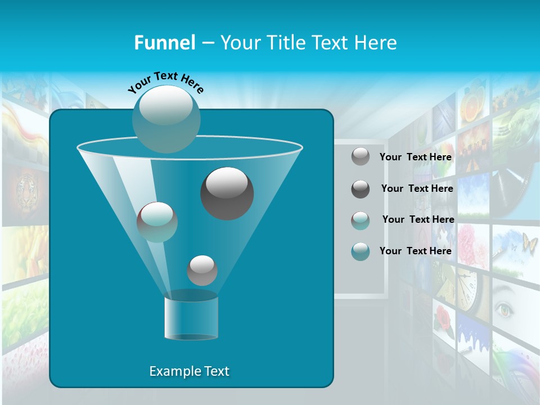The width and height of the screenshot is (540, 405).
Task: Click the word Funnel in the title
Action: (x=164, y=43)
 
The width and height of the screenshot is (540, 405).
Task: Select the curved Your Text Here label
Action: (x=165, y=83)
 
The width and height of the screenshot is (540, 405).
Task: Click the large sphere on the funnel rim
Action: (x=166, y=119)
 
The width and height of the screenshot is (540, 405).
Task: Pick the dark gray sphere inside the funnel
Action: (x=227, y=193)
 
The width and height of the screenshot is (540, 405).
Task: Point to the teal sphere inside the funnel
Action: (x=157, y=222)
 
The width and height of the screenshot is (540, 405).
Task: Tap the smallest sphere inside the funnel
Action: (x=202, y=270)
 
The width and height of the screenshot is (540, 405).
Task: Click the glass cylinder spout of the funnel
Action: (x=191, y=318)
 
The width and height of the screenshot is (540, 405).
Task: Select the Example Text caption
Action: (x=189, y=371)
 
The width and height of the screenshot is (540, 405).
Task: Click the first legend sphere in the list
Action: (x=361, y=157)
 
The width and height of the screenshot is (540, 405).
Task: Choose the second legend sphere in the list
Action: (x=361, y=189)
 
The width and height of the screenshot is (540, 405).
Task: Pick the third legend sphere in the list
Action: (x=361, y=220)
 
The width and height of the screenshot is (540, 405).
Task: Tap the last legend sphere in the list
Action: (x=361, y=251)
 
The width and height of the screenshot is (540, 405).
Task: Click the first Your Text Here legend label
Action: (x=415, y=157)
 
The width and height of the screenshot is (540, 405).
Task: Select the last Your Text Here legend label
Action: (x=415, y=251)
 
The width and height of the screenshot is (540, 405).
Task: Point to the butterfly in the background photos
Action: (x=529, y=243)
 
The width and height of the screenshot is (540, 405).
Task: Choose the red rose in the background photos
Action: (x=444, y=318)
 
